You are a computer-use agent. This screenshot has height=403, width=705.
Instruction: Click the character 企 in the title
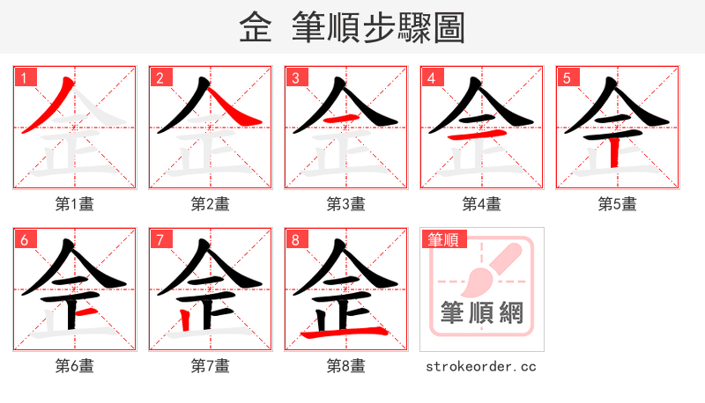point(256,27)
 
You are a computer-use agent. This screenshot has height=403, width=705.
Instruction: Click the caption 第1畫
point(75,204)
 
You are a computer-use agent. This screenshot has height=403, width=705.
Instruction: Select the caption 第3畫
point(346,204)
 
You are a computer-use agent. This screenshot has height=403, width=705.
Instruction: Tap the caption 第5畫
point(618,204)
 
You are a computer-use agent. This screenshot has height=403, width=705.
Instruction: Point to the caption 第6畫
point(75,365)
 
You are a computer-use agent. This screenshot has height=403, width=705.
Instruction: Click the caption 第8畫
point(346,365)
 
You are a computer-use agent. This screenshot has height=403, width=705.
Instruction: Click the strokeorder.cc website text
point(481,366)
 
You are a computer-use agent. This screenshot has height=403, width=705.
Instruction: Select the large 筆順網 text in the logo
point(481,312)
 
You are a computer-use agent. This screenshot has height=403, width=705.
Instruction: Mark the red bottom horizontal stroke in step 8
point(344,333)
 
